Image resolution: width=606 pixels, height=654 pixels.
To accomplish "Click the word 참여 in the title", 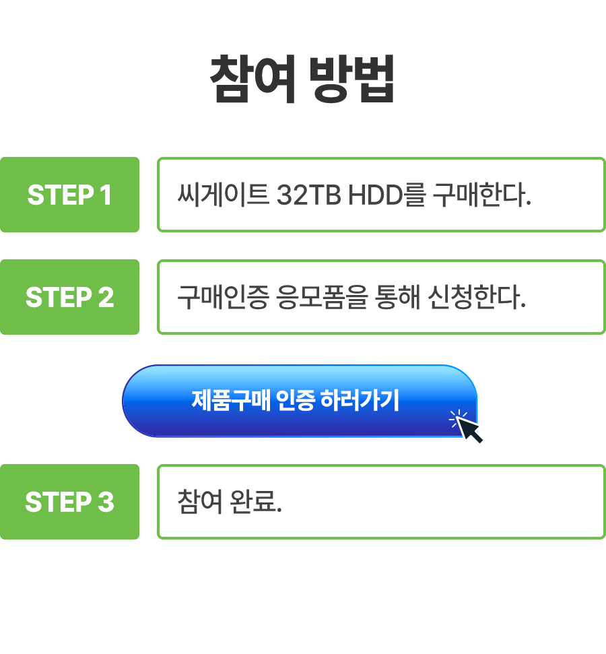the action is (x=253, y=79).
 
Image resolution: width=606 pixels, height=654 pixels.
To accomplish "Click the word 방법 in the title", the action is (x=351, y=79).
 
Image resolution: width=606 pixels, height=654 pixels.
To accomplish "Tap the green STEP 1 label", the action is (x=69, y=195).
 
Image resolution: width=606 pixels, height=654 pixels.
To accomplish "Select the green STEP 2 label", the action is (x=69, y=298).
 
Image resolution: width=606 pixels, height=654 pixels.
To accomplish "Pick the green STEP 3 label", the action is (x=69, y=502).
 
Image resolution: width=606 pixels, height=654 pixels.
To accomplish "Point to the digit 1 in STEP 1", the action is (x=105, y=195).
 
